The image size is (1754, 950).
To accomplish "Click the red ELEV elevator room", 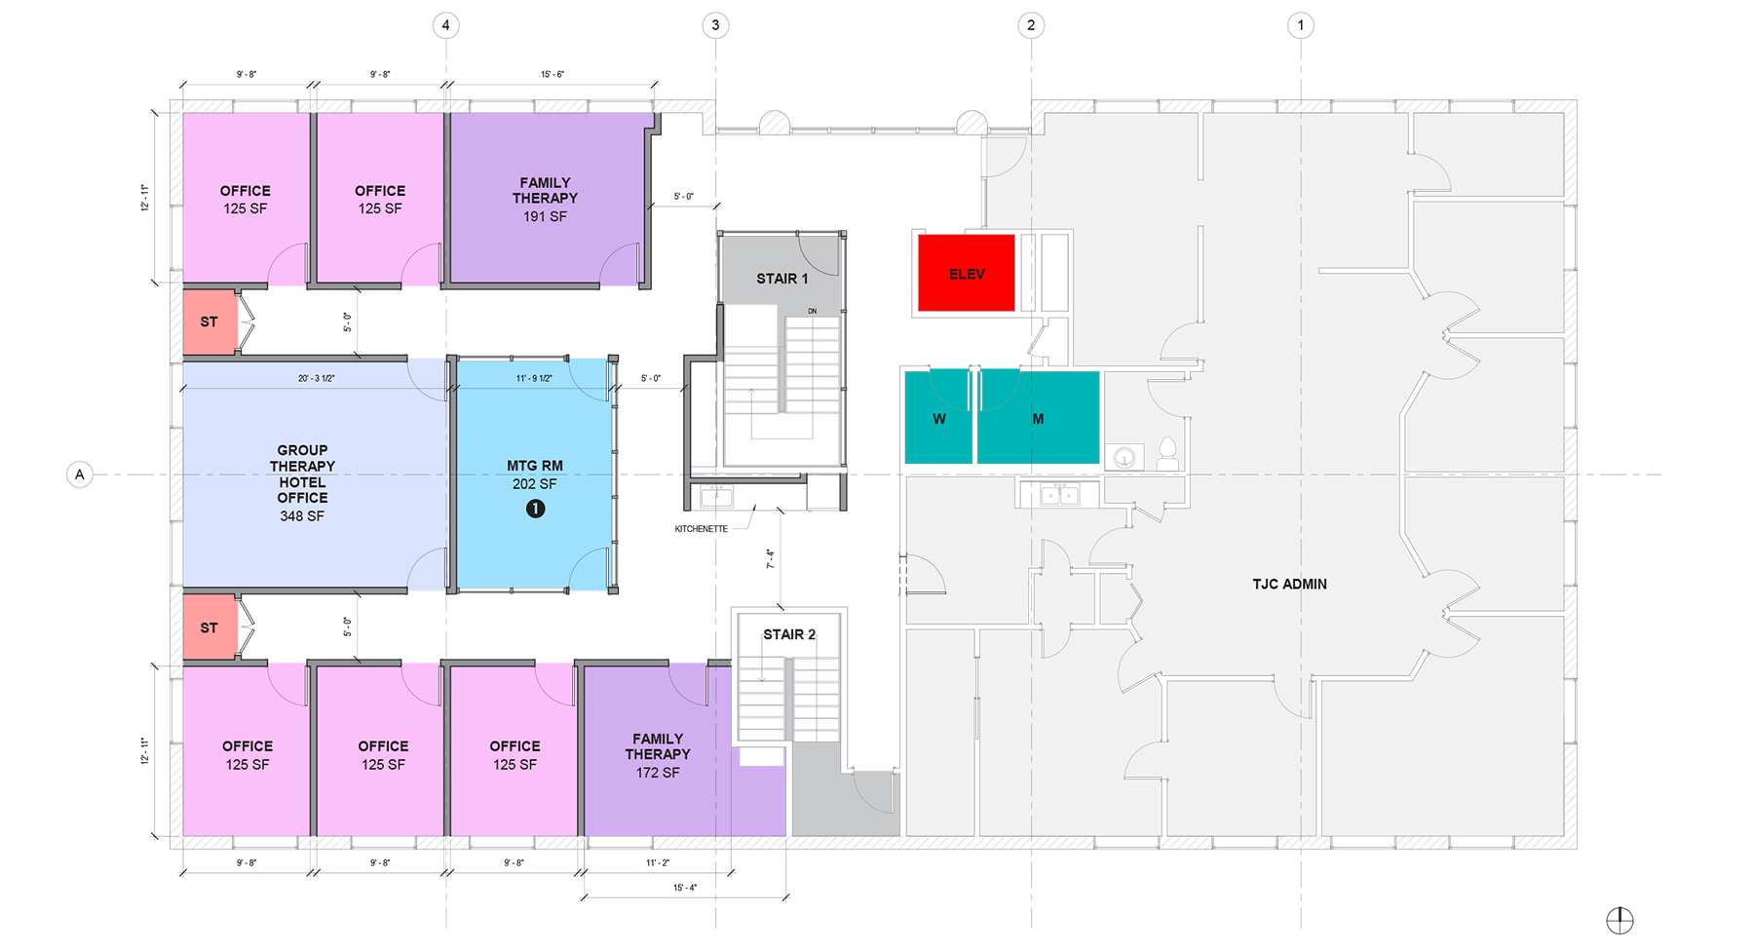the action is coord(966,273).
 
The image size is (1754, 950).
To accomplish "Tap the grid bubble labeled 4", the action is coord(446,25).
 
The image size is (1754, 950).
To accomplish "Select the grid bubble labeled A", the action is coord(80,475).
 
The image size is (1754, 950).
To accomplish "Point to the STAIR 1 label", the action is coord(782,279).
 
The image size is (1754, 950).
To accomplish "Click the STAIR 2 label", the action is coord(789,634).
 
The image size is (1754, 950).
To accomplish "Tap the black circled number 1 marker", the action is coord(535,509).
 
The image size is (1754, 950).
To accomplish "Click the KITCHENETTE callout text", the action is coord(702,529).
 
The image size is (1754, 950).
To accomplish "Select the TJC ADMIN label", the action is coord(1289,585).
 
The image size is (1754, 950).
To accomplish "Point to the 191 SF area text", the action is coord(545,216).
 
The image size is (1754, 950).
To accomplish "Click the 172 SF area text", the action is coord(658,773).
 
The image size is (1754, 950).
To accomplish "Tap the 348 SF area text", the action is coord(302,516).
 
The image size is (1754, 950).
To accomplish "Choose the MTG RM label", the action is coord(535,466).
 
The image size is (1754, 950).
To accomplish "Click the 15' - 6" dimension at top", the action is coord(553,75).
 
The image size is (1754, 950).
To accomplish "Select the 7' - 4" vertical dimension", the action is coord(770,559).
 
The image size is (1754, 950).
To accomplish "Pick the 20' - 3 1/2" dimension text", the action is coord(317,378).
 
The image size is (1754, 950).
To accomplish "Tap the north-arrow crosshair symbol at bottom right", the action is coord(1620,920).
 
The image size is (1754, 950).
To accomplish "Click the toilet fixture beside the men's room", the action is coord(1166,453).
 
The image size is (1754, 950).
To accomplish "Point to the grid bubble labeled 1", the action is coord(1300,25).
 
